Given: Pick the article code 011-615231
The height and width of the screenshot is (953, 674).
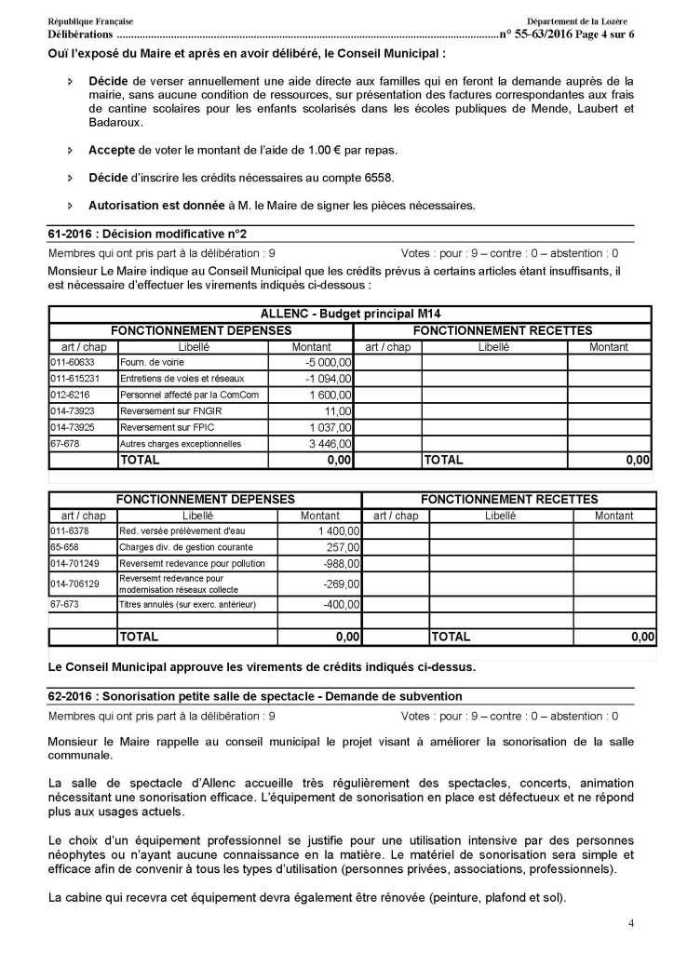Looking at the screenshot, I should [75, 379].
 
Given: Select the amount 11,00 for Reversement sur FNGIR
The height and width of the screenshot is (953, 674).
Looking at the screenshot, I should [338, 410].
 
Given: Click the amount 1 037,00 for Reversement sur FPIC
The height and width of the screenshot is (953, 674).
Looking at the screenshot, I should [330, 427].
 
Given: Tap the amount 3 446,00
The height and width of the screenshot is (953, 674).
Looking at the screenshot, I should [330, 444].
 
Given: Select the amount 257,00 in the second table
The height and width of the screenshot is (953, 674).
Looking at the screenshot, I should [342, 547].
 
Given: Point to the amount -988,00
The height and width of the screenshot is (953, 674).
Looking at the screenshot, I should [340, 564].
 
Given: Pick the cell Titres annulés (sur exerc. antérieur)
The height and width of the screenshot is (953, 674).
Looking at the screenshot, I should [187, 604].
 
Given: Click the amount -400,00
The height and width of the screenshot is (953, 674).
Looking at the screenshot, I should [340, 604].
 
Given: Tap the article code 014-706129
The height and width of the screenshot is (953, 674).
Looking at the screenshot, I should [75, 584].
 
